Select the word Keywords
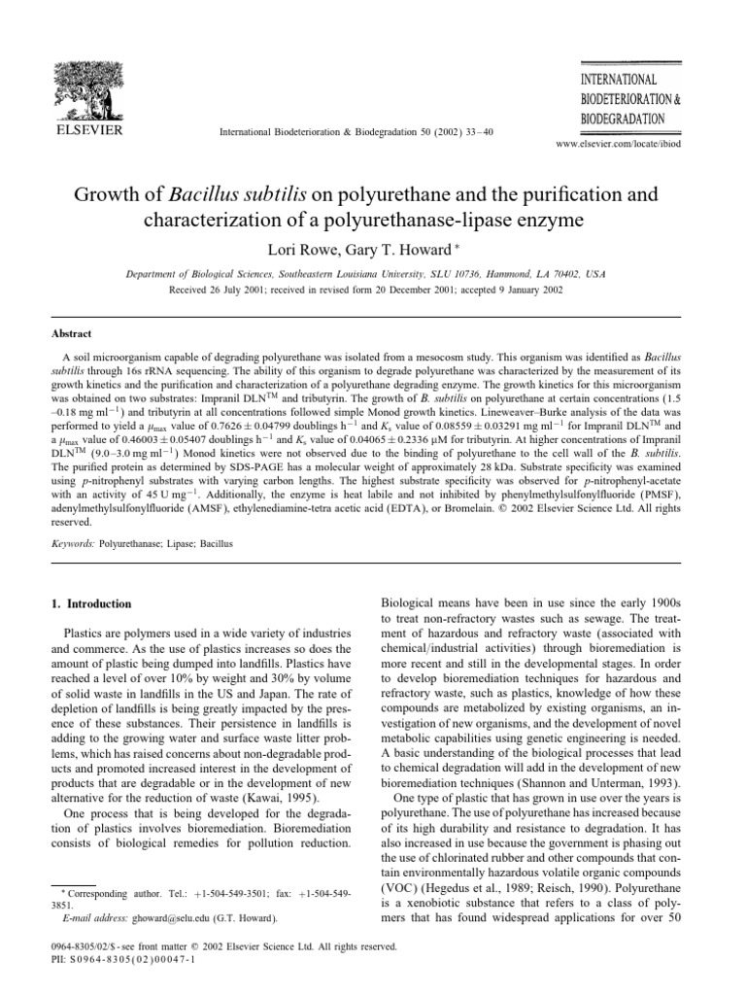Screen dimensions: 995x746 [75, 561]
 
